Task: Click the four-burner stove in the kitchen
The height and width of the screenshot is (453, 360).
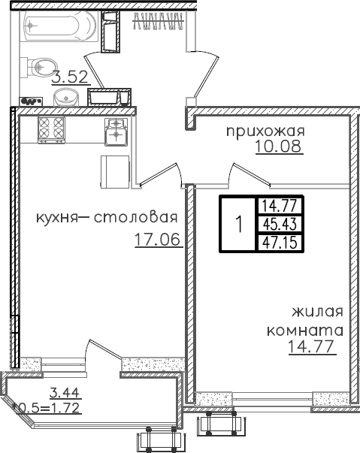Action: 51,128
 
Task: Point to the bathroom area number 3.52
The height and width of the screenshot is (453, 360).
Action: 70,76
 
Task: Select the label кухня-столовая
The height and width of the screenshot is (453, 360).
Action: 106,219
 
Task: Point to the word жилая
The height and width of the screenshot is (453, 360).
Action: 318,312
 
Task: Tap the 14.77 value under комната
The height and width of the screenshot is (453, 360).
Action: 311,346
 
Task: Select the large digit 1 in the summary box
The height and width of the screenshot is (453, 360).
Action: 238,224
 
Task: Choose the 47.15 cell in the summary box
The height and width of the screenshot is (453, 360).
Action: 278,242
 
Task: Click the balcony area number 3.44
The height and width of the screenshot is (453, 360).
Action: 65,391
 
